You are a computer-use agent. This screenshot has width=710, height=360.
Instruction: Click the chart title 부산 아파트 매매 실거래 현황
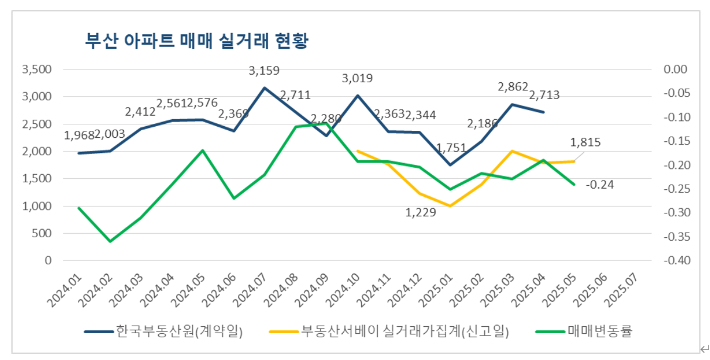(x=197, y=41)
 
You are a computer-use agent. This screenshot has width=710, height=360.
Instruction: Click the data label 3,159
(x=264, y=71)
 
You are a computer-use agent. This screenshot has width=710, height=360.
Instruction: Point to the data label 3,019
(x=358, y=78)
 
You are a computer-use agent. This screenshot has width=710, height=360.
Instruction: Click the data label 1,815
(x=586, y=143)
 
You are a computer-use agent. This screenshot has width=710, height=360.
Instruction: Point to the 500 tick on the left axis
(x=43, y=233)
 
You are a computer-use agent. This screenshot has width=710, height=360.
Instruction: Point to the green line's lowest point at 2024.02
(x=110, y=241)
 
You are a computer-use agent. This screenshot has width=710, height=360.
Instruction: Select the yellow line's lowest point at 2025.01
(x=450, y=205)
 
